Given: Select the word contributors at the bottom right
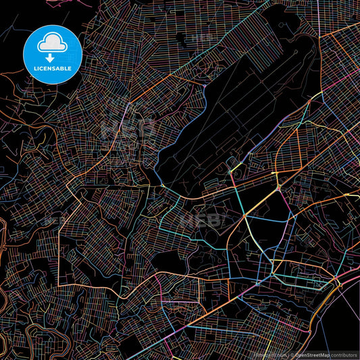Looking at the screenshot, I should point(344,354).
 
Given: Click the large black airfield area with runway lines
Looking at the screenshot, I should point(223,115).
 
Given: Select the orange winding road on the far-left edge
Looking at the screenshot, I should point(3,236).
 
